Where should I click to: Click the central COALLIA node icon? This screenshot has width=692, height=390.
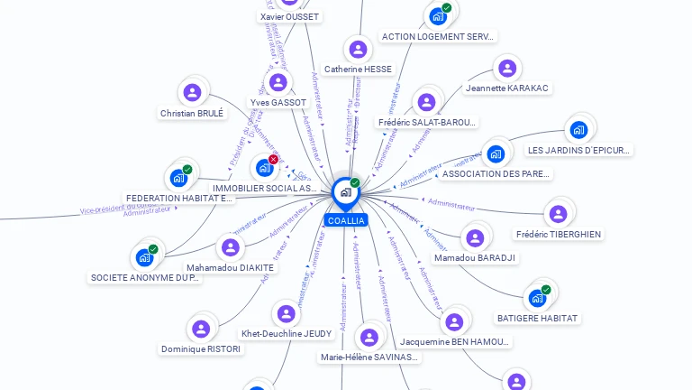click(344, 192)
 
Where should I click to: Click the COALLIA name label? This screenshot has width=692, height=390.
click(346, 220)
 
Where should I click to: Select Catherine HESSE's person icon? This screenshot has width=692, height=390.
click(358, 50)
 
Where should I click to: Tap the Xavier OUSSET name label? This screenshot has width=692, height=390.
click(289, 17)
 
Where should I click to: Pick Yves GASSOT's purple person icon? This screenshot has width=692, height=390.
click(278, 83)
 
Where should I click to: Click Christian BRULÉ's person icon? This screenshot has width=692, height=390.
click(192, 92)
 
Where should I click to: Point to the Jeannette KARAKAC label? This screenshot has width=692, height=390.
click(508, 88)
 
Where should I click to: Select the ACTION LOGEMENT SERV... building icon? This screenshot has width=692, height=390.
click(438, 16)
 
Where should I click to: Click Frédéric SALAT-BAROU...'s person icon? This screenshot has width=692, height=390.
click(426, 102)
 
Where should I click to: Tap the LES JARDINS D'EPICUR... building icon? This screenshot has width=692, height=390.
click(578, 130)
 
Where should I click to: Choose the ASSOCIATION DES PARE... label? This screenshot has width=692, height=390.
click(496, 173)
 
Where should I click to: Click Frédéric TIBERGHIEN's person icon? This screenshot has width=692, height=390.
click(558, 214)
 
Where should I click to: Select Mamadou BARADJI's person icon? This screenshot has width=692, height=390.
click(475, 238)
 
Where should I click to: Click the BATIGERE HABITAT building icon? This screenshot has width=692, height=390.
click(537, 298)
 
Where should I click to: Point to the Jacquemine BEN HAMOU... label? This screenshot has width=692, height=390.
click(455, 342)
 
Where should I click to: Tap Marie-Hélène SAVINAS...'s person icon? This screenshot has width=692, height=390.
click(369, 338)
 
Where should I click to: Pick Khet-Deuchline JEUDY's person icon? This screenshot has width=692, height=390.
click(287, 314)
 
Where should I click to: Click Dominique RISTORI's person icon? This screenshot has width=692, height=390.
click(201, 329)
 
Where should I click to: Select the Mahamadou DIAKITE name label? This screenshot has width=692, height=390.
click(231, 267)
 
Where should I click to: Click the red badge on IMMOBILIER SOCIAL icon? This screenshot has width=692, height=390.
click(273, 160)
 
